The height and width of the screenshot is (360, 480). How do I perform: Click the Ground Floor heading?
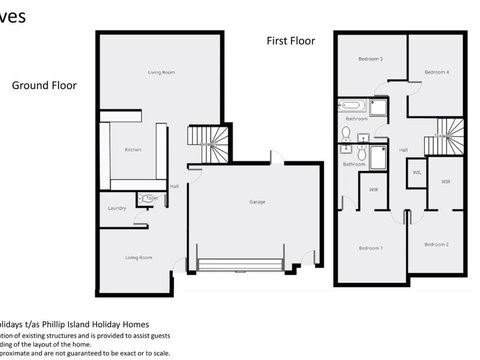44,85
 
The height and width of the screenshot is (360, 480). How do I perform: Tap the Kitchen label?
133,150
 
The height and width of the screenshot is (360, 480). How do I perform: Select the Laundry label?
117,208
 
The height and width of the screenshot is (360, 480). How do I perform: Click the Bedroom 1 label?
371,246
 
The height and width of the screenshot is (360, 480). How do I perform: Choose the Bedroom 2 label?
435,244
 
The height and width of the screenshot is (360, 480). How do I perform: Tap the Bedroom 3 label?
371,59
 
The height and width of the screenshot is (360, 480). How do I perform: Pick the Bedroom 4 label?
435,73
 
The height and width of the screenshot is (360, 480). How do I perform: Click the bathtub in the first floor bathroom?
354,106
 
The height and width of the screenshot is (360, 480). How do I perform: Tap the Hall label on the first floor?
403,150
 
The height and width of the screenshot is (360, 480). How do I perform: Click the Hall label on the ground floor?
174,186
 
